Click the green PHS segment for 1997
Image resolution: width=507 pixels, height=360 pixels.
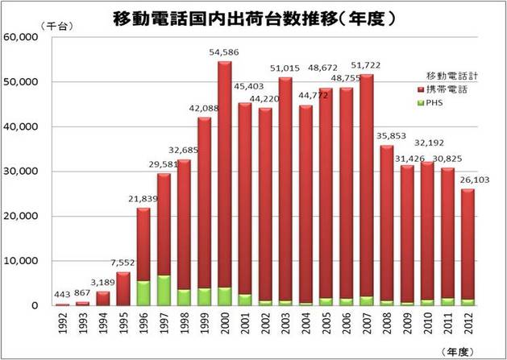(164, 290)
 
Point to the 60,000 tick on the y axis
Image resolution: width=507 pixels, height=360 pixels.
(21, 37)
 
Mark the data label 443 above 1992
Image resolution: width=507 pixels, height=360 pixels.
(62, 295)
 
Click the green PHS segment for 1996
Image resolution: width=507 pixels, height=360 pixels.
(142, 292)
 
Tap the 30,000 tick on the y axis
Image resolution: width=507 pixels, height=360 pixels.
(21, 172)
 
